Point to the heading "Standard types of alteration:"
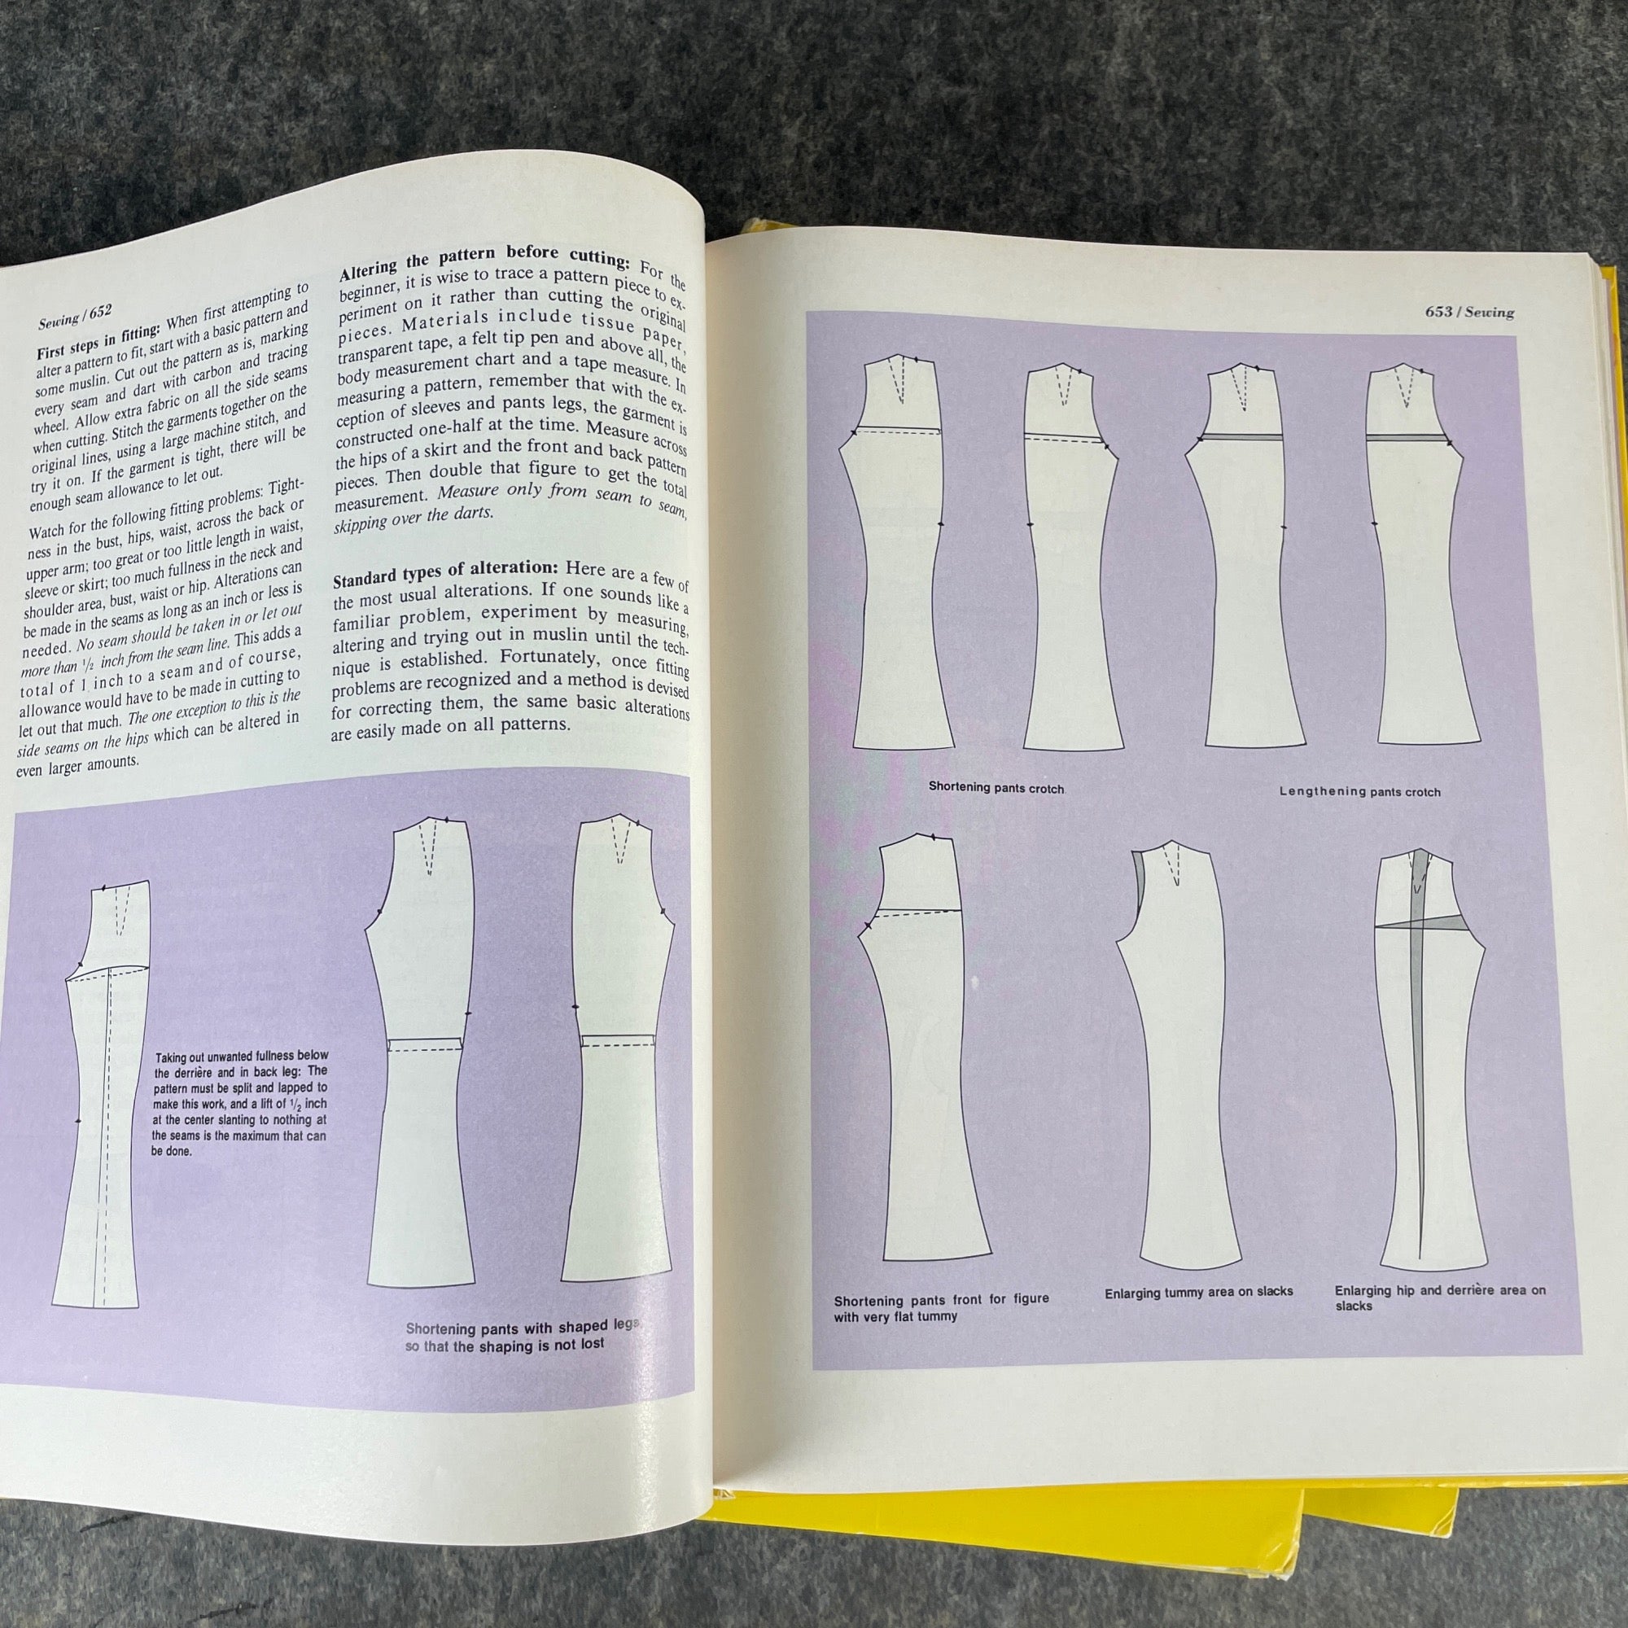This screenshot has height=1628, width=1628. coord(446,573)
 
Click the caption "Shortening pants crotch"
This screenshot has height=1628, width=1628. coord(997,788)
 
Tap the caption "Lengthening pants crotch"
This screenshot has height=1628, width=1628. coord(1360,791)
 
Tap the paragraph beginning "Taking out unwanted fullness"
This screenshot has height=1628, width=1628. coord(242,1102)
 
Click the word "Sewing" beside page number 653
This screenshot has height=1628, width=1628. coord(1490,313)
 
